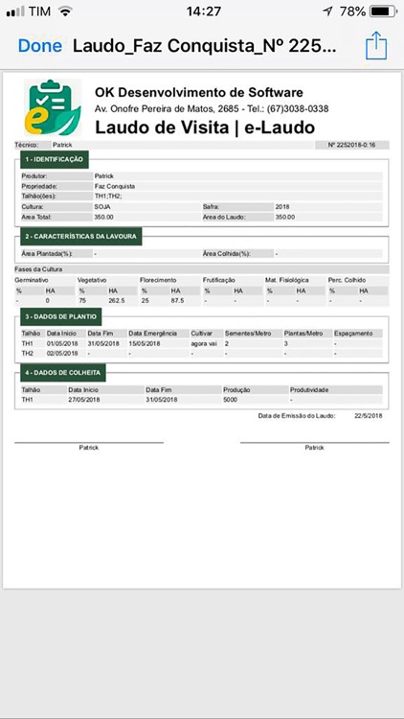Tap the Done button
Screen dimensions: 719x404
pos(39,45)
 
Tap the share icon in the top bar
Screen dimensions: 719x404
pos(375,45)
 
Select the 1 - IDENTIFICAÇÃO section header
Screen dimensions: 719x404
pos(55,159)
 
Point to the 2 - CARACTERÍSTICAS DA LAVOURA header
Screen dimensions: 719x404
pos(81,235)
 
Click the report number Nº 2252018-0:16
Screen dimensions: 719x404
pos(351,145)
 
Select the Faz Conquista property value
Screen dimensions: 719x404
pos(114,186)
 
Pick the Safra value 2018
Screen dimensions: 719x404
pos(282,206)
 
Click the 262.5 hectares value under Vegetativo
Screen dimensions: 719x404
pos(117,300)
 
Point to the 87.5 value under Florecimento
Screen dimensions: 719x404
pos(177,300)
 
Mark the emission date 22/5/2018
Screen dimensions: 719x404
pos(368,415)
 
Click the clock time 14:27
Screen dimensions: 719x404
pos(202,12)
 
